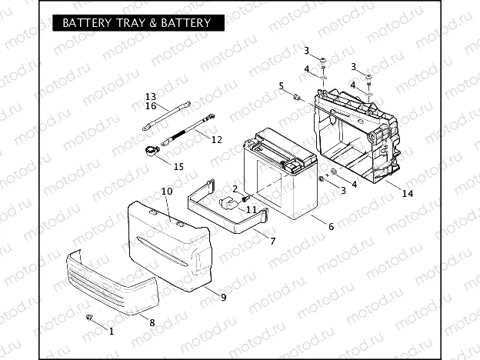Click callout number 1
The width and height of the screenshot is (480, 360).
(111, 332)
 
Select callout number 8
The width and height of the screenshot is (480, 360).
(152, 323)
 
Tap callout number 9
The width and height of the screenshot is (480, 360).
(223, 297)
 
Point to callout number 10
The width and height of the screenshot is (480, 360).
(166, 191)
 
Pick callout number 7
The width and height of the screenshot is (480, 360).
(272, 242)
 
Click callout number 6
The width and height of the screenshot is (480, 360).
(331, 226)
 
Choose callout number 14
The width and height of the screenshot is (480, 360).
(407, 193)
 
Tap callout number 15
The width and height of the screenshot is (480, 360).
(178, 166)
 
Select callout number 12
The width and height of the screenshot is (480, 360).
(216, 140)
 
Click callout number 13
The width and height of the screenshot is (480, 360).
(151, 96)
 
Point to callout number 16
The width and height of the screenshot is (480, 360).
(151, 105)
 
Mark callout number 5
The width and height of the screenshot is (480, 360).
(282, 85)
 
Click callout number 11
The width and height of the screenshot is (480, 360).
(251, 209)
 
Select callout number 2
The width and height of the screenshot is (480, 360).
(235, 188)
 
